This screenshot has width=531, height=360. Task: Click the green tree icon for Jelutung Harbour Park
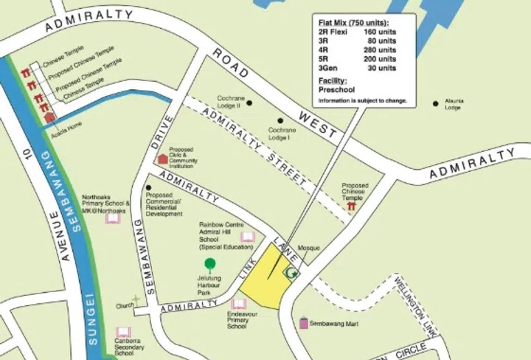point(210,264)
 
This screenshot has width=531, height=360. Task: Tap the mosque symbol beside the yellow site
point(292,274)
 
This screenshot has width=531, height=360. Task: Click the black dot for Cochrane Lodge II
point(249,103)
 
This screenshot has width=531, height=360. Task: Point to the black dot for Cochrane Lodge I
point(280,120)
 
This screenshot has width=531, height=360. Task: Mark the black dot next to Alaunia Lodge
point(436,103)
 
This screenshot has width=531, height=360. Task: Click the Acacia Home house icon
point(49,116)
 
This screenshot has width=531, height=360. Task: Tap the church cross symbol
point(136,300)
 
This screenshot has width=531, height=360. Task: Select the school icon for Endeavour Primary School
point(238,303)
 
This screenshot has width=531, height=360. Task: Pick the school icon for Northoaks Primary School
point(112,218)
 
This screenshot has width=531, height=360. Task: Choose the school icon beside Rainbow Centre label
point(248,237)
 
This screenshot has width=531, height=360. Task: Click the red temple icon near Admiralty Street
point(352,207)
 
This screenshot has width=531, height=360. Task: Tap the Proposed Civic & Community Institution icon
point(162,159)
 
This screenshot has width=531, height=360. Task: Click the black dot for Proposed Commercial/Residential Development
point(148,188)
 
